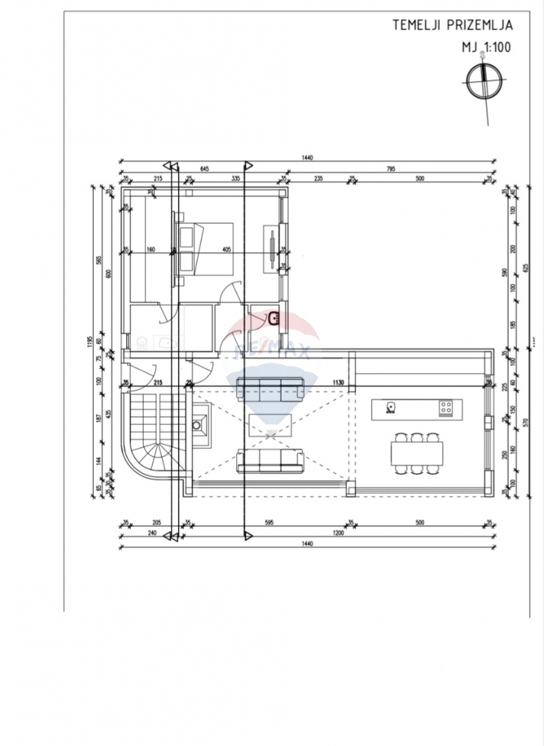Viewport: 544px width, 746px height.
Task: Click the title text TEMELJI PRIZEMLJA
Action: pyautogui.click(x=452, y=26)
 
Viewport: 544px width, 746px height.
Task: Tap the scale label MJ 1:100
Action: pyautogui.click(x=487, y=48)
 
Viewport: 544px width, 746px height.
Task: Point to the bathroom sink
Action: pyautogui.click(x=273, y=318)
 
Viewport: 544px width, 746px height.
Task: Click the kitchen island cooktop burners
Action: pyautogui.click(x=445, y=408)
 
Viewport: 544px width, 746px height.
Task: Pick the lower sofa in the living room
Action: pyautogui.click(x=270, y=461)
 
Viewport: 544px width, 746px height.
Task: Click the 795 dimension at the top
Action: pyautogui.click(x=390, y=169)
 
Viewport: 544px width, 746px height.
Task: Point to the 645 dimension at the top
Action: pyautogui.click(x=204, y=169)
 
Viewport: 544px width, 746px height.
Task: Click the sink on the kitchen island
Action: pyautogui.click(x=391, y=406)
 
